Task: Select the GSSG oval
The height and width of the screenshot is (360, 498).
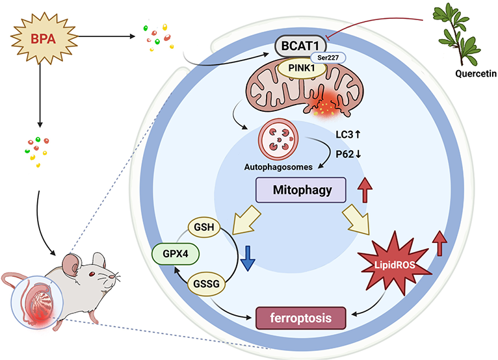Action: [x=204, y=284]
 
